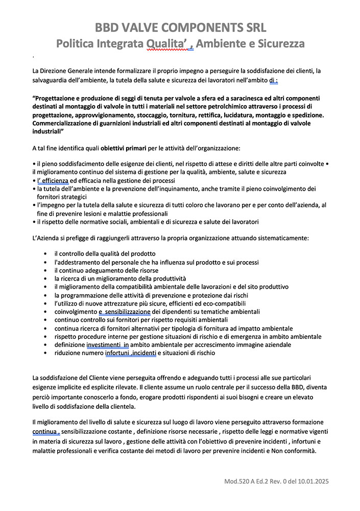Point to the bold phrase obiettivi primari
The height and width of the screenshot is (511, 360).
click(124, 148)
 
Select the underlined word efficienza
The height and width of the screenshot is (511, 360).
click(52, 181)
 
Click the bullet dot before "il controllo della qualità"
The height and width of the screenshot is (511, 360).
click(46, 254)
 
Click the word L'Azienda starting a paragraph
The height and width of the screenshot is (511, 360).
click(46, 238)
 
